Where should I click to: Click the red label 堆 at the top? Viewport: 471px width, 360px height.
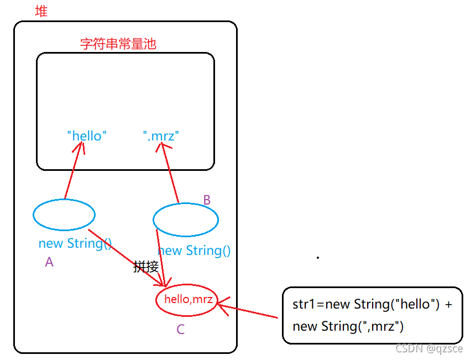coord(41,11)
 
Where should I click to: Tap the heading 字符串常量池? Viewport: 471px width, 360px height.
coord(118,44)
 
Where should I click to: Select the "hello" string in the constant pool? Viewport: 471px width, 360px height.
coord(87,135)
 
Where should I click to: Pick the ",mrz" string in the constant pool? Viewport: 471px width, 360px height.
coord(161,135)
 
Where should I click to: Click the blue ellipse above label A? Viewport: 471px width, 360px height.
coord(64,215)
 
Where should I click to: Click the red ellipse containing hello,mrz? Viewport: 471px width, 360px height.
coord(189,300)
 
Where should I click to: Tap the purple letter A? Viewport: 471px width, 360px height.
coord(49,263)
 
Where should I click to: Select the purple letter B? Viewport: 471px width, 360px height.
coord(207,200)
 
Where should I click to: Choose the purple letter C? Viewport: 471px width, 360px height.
coord(181,330)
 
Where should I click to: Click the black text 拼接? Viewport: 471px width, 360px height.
coord(146,267)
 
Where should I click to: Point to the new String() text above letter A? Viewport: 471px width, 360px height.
coord(75,243)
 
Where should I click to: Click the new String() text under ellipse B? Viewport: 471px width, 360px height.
coord(194,251)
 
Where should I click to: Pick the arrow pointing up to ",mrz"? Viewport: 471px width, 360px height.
coord(169,171)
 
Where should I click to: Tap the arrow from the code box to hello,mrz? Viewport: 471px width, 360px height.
coord(250,310)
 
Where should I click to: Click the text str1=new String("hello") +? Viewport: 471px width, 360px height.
coord(372,304)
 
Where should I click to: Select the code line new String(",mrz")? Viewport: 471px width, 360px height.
coord(348,326)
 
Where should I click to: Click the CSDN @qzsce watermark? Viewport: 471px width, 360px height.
coord(429,348)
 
